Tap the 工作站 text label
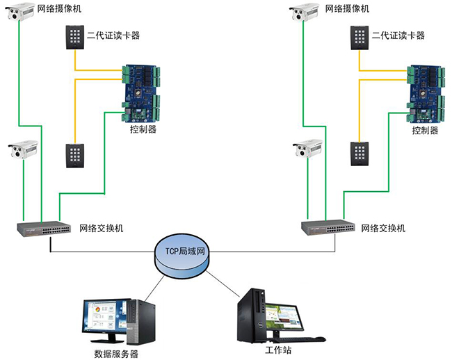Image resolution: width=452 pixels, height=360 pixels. pos(275,349)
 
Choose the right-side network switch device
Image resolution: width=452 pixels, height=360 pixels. pos(327,227)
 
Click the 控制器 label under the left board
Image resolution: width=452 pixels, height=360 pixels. pos(143,130)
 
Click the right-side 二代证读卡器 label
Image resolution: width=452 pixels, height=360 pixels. pos(398,35)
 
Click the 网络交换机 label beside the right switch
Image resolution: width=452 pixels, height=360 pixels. pos(383,228)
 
